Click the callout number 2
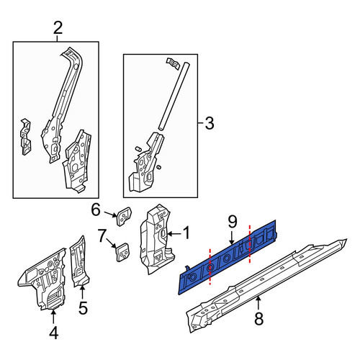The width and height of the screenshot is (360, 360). point(58,28)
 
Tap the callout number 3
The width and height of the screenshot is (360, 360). point(210,123)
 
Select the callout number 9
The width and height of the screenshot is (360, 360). point(233,222)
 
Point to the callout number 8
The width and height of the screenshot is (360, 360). point(258,319)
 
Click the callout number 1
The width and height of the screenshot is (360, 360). point(186,233)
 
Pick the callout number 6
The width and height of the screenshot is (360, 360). point(96,210)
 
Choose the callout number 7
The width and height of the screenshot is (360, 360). point(102,235)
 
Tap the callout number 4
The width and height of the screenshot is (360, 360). point(53,333)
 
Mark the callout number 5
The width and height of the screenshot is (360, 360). point(83,307)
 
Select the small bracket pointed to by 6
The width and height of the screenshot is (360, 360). point(125,216)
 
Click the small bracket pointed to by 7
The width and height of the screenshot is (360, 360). point(123,252)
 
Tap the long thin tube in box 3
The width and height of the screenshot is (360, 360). point(174,96)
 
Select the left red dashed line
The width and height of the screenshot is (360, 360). point(210,266)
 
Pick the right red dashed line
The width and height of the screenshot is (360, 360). point(250,243)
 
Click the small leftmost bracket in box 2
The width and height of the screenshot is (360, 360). point(26,137)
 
